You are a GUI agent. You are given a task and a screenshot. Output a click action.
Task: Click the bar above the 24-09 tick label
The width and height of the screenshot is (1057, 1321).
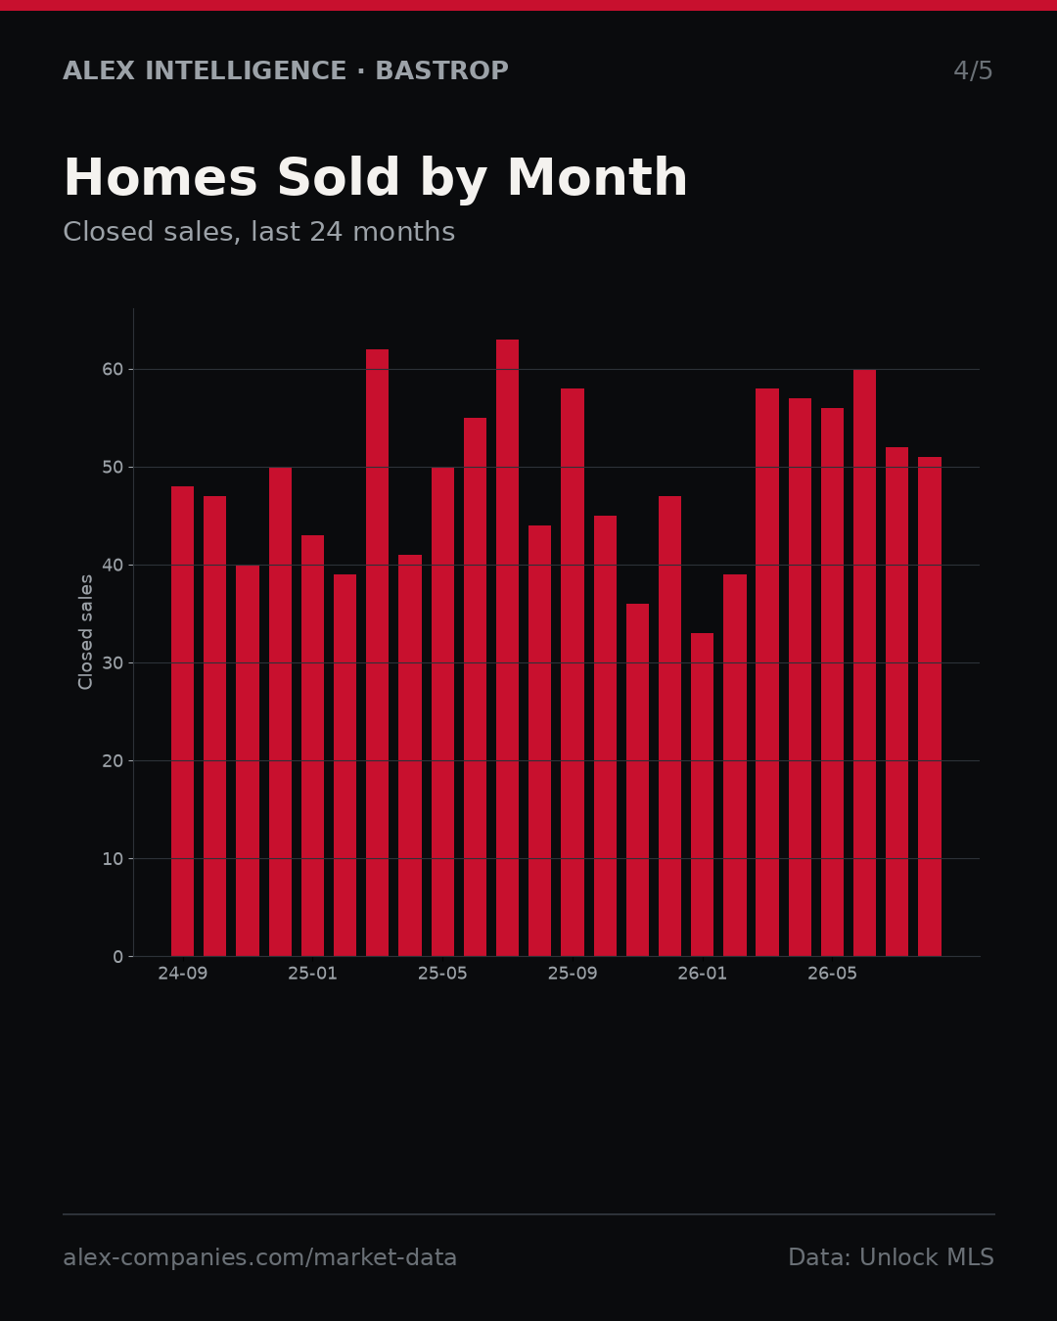[x=182, y=721]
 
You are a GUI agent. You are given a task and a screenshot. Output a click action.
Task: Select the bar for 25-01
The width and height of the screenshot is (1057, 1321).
[x=312, y=746]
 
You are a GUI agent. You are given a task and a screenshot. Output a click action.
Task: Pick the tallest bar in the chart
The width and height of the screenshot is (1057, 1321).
[x=507, y=648]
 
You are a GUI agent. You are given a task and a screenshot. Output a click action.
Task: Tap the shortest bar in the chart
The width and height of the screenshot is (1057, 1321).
[x=702, y=795]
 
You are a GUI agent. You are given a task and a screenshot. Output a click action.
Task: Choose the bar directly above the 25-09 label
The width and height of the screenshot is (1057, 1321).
[x=573, y=672]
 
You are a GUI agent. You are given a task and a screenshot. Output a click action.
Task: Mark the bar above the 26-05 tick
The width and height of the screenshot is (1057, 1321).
[x=832, y=682]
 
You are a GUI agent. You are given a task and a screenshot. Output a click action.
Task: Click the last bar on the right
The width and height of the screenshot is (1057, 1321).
[x=930, y=706]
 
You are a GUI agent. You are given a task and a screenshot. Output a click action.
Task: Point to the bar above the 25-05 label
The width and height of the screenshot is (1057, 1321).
[x=442, y=711]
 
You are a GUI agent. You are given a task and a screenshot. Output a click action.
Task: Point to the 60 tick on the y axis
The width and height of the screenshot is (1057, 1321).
[x=113, y=370]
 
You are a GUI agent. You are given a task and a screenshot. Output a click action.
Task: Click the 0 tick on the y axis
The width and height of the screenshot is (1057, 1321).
[x=118, y=957]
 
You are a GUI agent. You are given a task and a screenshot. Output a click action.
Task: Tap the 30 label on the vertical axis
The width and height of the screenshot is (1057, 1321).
[x=113, y=663]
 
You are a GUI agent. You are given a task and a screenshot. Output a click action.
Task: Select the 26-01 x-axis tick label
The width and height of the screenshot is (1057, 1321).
[x=702, y=974]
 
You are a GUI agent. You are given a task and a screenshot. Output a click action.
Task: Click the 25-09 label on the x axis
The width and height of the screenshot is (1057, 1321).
[x=573, y=974]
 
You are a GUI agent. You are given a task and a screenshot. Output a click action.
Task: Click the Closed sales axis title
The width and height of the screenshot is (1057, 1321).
[x=85, y=632]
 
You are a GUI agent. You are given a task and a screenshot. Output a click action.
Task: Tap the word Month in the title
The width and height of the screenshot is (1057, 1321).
[x=597, y=177]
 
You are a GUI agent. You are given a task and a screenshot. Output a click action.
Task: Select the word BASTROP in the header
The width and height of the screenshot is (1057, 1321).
[x=442, y=70]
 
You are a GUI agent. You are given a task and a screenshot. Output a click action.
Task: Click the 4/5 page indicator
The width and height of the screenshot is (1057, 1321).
[x=973, y=70]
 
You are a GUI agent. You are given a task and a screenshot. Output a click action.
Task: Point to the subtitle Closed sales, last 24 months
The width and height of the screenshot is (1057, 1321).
[x=259, y=232]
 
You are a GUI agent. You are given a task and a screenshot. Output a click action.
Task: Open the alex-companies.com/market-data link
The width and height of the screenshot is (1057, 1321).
[x=260, y=1257]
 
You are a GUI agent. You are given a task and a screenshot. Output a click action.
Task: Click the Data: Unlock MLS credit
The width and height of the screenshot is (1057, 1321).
[x=892, y=1257]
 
